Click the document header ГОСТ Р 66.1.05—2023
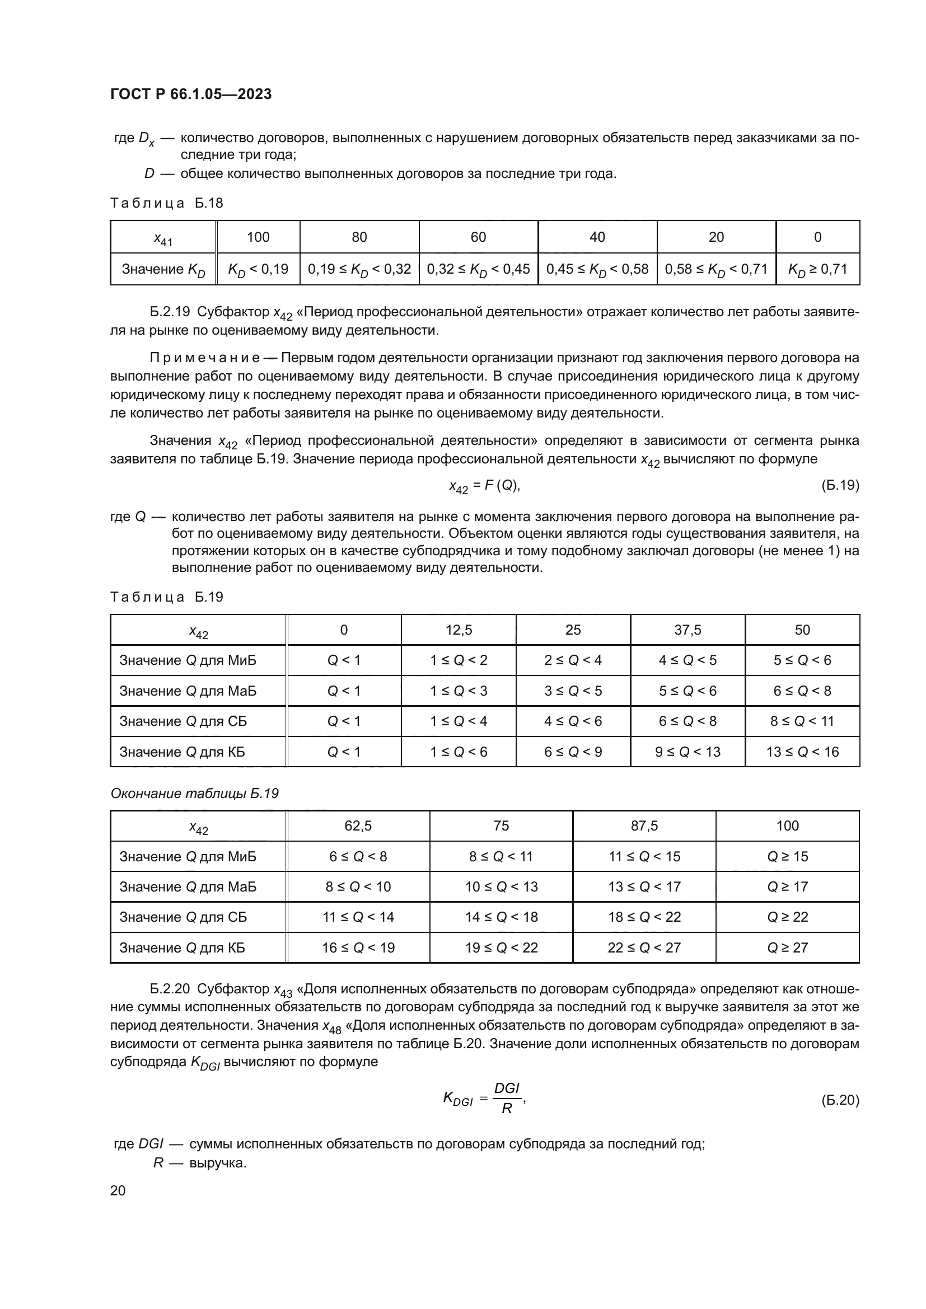coord(190,94)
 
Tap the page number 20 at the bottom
coord(118,1190)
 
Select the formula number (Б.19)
coord(840,485)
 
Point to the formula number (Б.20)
coord(840,1100)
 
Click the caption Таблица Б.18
coord(166,203)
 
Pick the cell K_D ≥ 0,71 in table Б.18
coord(817,269)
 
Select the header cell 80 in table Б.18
coord(359,237)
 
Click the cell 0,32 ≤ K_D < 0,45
coord(478,269)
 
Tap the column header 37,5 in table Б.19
coord(688,630)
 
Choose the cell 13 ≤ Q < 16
coord(802,752)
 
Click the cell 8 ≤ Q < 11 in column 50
coord(802,721)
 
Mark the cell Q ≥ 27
coord(788,947)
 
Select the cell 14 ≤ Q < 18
coord(501,917)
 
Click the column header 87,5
coord(644,825)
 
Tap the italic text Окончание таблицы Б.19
coord(194,793)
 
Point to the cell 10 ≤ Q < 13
coord(501,886)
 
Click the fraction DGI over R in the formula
coord(506,1099)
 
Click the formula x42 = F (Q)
coord(484,486)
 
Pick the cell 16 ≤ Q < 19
coord(358,947)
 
